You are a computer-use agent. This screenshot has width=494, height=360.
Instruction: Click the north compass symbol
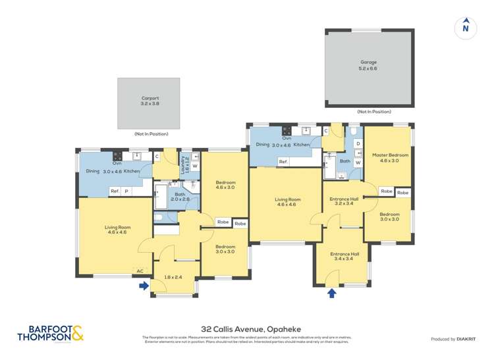tap(466, 27)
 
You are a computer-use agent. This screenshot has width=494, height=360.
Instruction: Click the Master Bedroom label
tap(390, 157)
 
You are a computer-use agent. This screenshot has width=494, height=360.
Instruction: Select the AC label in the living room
tap(139, 270)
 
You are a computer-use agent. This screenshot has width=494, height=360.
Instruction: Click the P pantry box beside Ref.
tap(126, 192)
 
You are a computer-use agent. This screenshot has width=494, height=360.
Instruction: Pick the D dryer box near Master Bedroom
tap(358, 143)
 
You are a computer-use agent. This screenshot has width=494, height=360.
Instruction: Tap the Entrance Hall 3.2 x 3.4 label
tap(344, 201)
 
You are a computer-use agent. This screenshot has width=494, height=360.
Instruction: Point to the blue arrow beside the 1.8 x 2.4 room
tap(144, 286)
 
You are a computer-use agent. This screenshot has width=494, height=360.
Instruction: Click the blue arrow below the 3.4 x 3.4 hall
tap(331, 292)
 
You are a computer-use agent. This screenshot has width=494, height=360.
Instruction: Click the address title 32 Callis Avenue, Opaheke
tap(247, 328)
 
